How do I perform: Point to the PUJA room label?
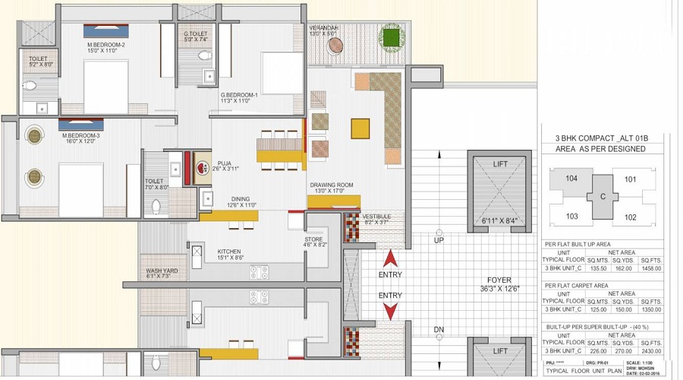point(225,162)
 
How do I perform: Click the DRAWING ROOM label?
point(331,185)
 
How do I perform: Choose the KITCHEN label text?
point(229,251)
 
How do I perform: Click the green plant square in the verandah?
point(392,36)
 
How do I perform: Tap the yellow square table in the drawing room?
point(360,127)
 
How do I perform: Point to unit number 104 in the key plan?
point(572,180)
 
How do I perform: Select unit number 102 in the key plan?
point(630,217)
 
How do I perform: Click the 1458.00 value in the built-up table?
point(651,268)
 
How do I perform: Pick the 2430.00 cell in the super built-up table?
point(651,351)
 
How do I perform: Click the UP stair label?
point(438,240)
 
